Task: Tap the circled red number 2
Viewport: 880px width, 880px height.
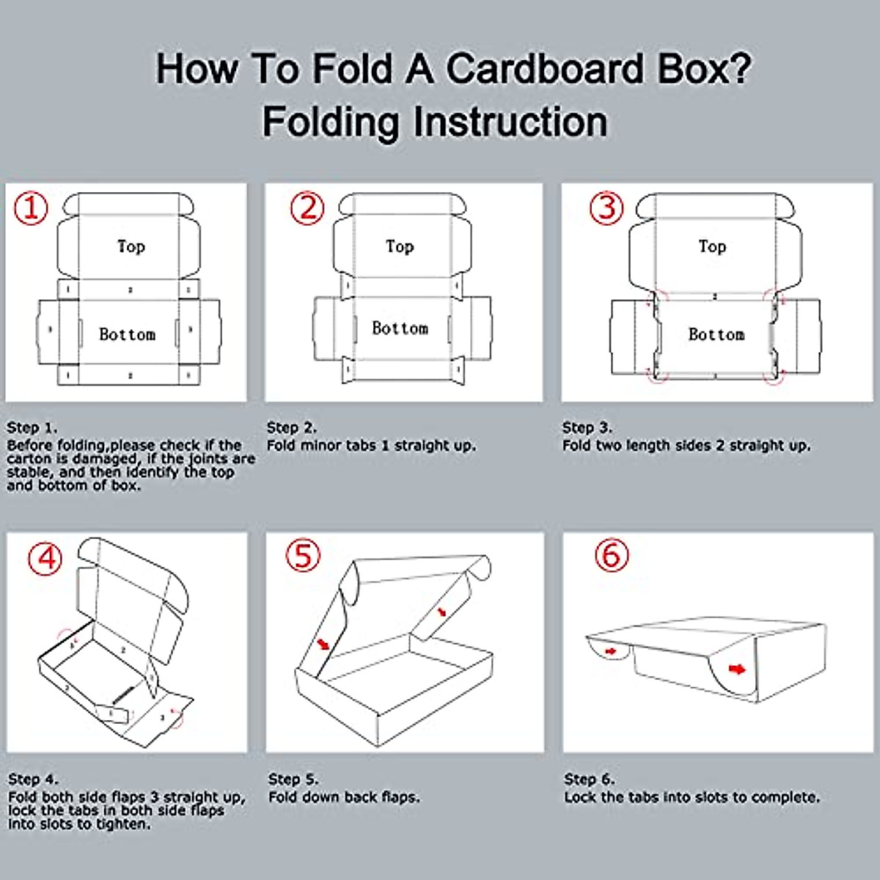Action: [307, 208]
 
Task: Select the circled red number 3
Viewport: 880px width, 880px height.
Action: [606, 208]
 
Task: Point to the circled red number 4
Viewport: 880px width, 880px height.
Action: [45, 558]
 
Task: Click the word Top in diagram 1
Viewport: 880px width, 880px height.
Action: [131, 246]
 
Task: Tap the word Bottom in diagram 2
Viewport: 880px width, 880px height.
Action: [400, 328]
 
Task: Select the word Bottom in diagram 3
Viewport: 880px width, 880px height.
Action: [716, 334]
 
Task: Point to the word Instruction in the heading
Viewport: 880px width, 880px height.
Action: [510, 121]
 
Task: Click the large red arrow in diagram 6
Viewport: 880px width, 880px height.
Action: [737, 670]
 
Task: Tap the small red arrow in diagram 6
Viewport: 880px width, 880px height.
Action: [611, 651]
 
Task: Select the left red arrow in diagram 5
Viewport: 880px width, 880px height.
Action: [324, 644]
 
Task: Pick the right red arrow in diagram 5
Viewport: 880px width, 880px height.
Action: [441, 612]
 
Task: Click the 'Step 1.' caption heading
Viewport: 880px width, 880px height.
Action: [32, 428]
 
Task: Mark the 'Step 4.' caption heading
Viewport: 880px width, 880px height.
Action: [33, 779]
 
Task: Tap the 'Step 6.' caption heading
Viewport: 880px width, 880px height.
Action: [590, 779]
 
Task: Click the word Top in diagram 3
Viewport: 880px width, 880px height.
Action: [712, 246]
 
